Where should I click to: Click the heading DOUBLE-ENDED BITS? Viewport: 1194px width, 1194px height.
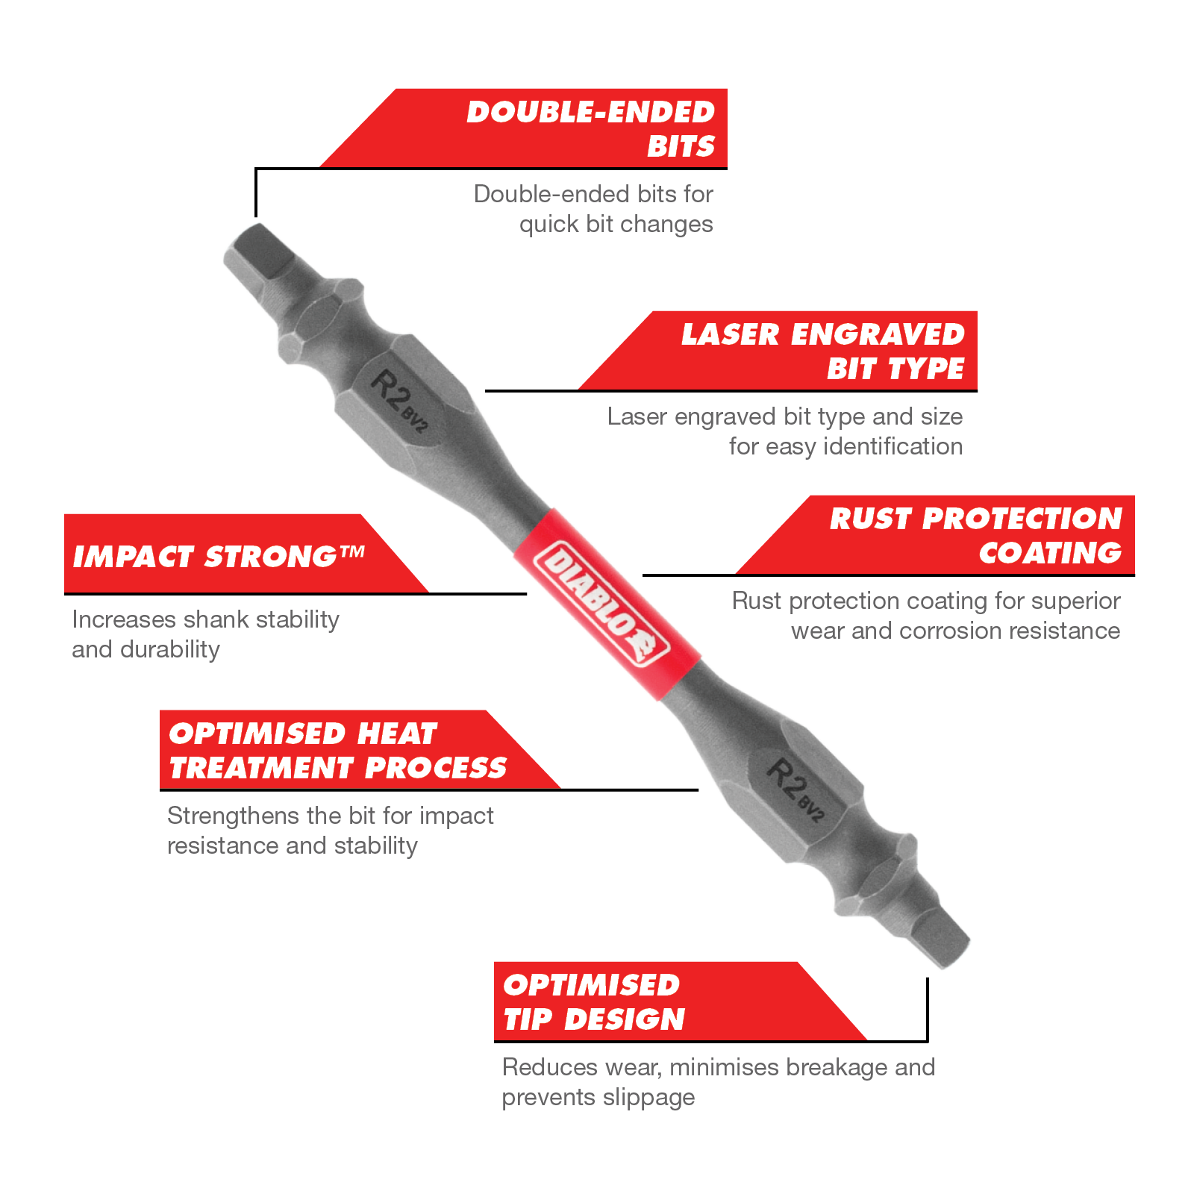[x=591, y=129]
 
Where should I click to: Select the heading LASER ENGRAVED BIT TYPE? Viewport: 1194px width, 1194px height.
[x=822, y=351]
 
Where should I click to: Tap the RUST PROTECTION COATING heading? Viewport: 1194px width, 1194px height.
[x=976, y=536]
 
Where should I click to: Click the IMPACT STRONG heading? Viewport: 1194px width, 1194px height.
[x=218, y=557]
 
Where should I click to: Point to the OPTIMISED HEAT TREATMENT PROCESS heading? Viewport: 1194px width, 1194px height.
[x=337, y=751]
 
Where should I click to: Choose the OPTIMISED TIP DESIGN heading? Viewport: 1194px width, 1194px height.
[x=593, y=1002]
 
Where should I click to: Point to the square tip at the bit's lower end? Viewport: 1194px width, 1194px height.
[x=937, y=936]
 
